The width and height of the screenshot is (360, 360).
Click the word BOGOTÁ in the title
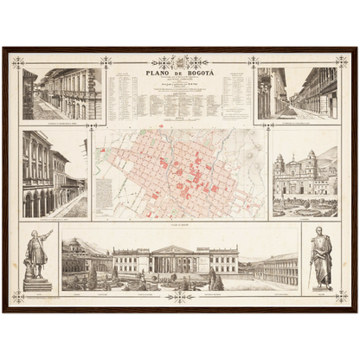pos(194,74)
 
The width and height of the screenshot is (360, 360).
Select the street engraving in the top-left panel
pos(61,93)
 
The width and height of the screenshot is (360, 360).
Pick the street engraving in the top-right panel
pos(297,93)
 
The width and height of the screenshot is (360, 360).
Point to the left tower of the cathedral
pos(280,164)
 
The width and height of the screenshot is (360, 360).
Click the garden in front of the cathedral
pos(305,206)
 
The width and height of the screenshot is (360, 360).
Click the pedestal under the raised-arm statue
pos(37,282)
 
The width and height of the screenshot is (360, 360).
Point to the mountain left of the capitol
pos(83,246)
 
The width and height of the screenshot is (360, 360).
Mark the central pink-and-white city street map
pos(179,174)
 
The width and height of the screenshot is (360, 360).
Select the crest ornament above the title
pos(179,62)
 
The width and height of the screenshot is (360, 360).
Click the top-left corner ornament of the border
pos(18,61)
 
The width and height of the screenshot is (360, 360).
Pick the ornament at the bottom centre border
pos(179,297)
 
